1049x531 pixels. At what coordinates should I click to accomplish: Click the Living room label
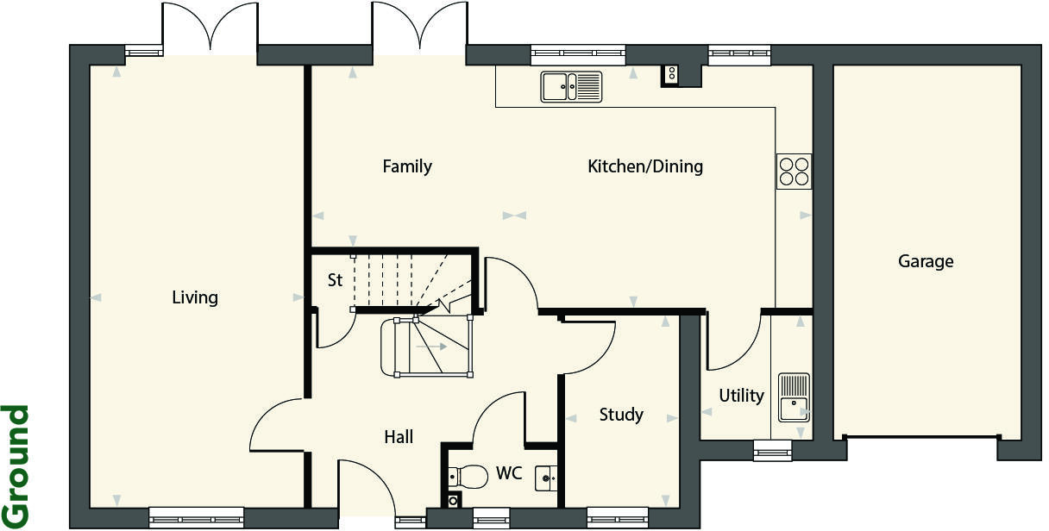[x=195, y=298]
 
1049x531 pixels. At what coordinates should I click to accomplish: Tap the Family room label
[x=407, y=166]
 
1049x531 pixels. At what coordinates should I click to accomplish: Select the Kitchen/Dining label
[x=645, y=166]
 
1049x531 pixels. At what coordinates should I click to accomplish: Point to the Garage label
[x=926, y=261]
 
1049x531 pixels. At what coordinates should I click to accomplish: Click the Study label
[x=621, y=415]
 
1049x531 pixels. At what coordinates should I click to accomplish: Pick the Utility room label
[x=741, y=396]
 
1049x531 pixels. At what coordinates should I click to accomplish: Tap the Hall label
[x=399, y=437]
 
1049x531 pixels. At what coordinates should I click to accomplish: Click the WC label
[x=508, y=473]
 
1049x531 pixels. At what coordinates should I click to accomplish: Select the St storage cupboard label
[x=336, y=280]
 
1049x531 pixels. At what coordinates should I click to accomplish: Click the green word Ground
[x=16, y=465]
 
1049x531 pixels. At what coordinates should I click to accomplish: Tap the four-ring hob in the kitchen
[x=794, y=171]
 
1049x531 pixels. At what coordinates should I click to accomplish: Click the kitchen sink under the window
[x=571, y=86]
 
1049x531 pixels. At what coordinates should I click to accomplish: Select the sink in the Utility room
[x=794, y=397]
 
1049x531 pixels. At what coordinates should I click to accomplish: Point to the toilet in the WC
[x=468, y=476]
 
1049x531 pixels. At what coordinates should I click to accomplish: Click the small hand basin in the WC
[x=546, y=477]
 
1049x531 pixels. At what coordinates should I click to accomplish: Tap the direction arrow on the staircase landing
[x=431, y=347]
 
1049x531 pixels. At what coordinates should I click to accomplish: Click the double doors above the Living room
[x=210, y=28]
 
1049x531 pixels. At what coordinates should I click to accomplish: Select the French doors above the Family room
[x=419, y=28]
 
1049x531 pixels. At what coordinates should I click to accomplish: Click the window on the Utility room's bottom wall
[x=772, y=450]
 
